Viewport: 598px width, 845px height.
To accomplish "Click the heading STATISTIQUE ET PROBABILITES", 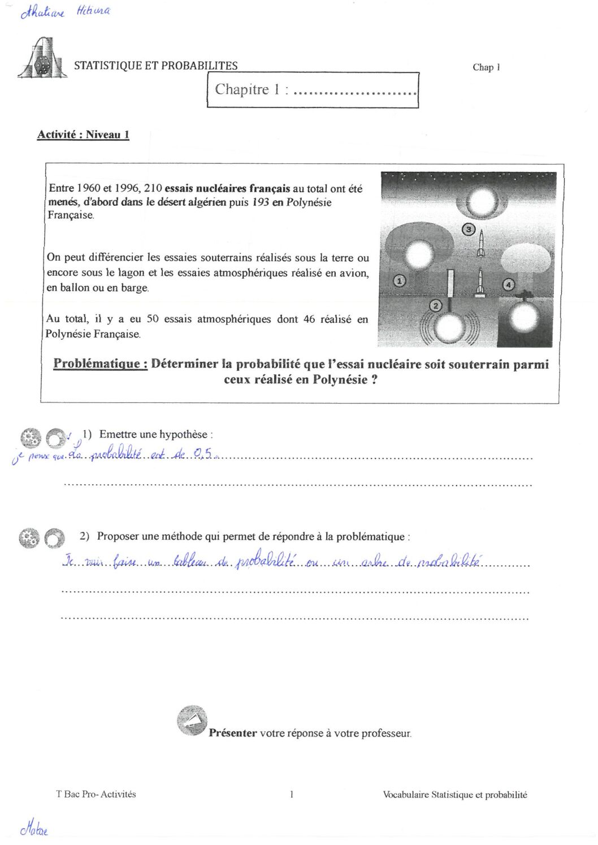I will tap(155, 66).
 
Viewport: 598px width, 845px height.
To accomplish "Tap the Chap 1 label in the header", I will tap(486, 67).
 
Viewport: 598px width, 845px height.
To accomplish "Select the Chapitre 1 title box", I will tap(313, 90).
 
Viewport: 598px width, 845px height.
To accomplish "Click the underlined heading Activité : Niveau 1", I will tap(83, 135).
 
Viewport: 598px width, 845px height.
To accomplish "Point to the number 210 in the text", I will tap(153, 188).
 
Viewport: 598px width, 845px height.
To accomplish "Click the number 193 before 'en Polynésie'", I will tap(261, 202).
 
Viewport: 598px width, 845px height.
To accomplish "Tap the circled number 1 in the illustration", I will tap(399, 280).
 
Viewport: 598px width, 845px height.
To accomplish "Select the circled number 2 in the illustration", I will tap(435, 306).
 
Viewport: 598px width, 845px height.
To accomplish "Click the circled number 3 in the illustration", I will tap(469, 229).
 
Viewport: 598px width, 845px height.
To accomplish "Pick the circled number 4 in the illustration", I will tap(509, 284).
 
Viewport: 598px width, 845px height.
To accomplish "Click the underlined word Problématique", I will tap(101, 364).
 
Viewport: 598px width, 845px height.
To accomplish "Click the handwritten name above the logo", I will tap(65, 12).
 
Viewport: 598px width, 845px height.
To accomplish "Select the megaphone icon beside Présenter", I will tap(192, 721).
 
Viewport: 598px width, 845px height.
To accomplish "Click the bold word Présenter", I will tap(232, 733).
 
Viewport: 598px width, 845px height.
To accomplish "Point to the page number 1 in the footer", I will tap(292, 795).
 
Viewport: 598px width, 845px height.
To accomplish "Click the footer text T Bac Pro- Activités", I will tap(96, 794).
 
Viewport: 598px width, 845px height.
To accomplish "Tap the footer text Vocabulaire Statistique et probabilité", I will tap(454, 795).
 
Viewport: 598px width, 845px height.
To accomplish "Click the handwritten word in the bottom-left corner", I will tap(34, 829).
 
